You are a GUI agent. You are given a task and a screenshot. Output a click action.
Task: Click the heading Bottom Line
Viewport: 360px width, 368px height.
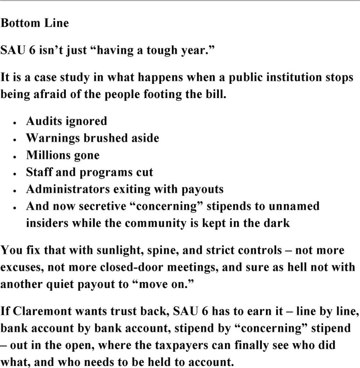click(34, 23)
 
